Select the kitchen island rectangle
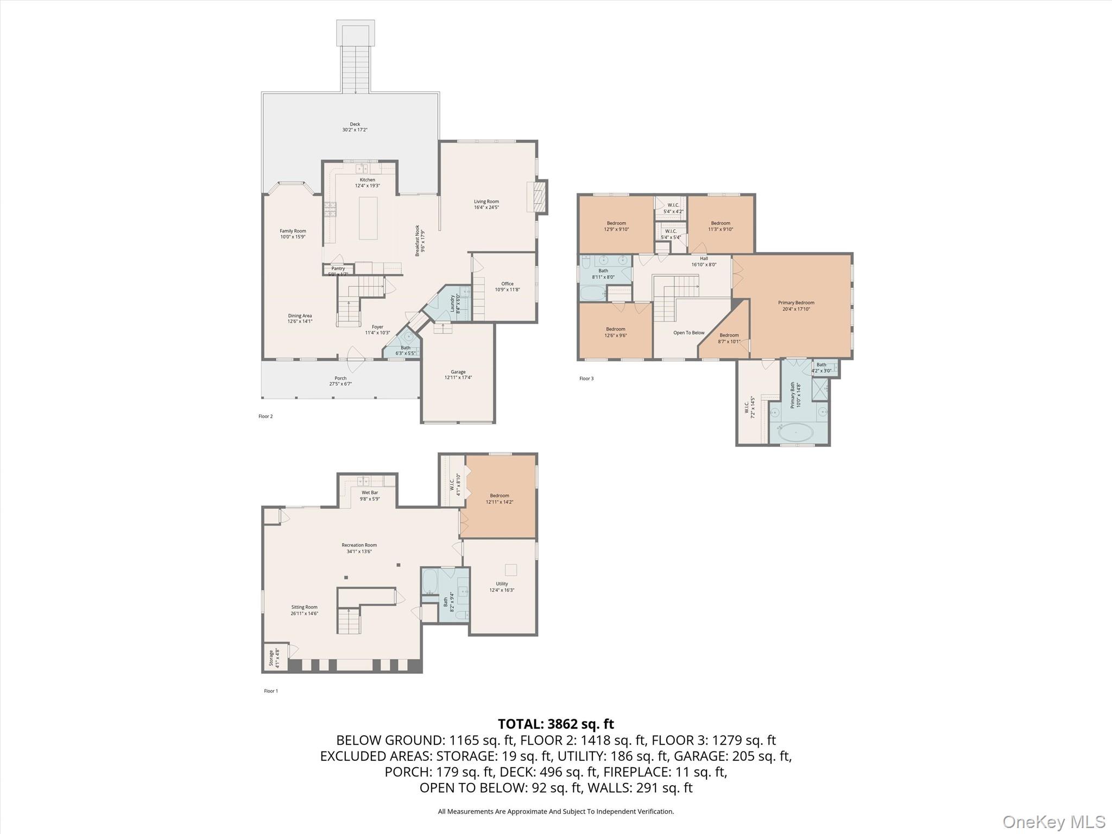pos(368,218)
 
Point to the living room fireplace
pos(539,197)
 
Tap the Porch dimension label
pos(340,384)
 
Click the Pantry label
pos(338,269)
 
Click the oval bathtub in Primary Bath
pos(796,432)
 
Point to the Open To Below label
pos(688,333)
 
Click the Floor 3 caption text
pos(586,378)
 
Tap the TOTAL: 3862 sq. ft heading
pos(555,724)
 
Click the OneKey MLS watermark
pos(1053,822)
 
